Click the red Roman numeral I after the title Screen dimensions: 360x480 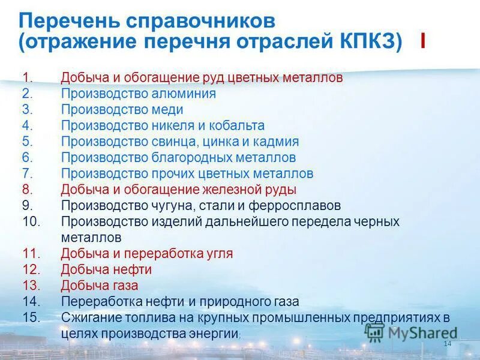tap(424, 43)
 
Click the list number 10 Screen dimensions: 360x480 tap(31, 221)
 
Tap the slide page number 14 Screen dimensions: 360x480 tap(446, 343)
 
